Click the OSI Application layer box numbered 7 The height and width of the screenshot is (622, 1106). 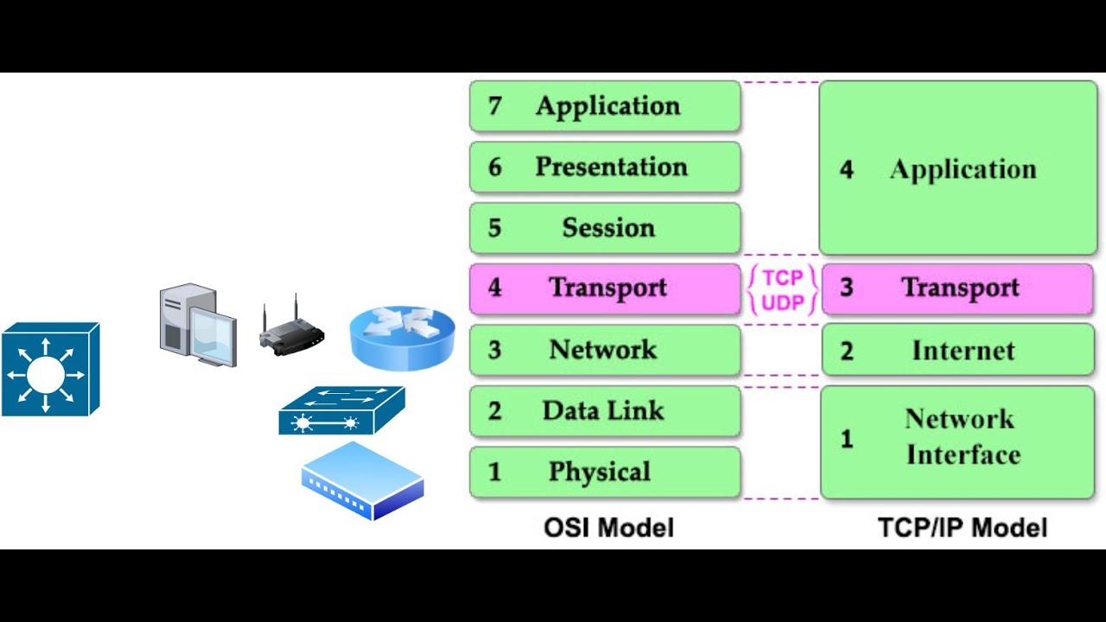tap(605, 106)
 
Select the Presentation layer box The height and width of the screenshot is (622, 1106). tap(605, 167)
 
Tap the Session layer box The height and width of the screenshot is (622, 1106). tap(605, 228)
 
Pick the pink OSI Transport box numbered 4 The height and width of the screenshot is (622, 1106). tap(605, 288)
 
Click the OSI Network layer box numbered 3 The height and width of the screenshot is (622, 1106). tap(605, 350)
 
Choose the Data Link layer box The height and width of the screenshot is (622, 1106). tap(605, 410)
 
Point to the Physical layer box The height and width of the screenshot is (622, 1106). tap(605, 472)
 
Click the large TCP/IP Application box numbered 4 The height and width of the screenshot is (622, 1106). tap(957, 168)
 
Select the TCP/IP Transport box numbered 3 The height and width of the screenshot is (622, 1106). tap(957, 288)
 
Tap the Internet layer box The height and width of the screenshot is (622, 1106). tap(957, 350)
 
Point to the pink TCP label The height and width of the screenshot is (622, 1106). tap(783, 277)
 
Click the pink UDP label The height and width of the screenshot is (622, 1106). tap(783, 301)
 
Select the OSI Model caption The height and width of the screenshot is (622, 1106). tap(608, 527)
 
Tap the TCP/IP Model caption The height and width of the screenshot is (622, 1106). tap(962, 527)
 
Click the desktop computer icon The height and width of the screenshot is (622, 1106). tap(197, 325)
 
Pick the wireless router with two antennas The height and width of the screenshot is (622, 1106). tap(291, 330)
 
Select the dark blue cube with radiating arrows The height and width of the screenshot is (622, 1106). tap(49, 370)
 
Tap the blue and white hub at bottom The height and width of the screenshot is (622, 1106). tap(362, 480)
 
